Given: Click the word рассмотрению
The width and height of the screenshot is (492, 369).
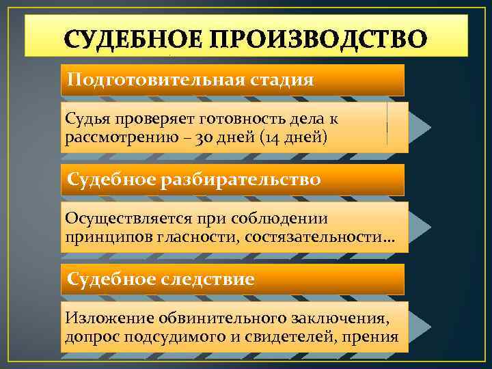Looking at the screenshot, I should pyautogui.click(x=123, y=139).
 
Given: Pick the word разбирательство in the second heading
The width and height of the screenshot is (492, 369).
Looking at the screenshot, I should pyautogui.click(x=241, y=180).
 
